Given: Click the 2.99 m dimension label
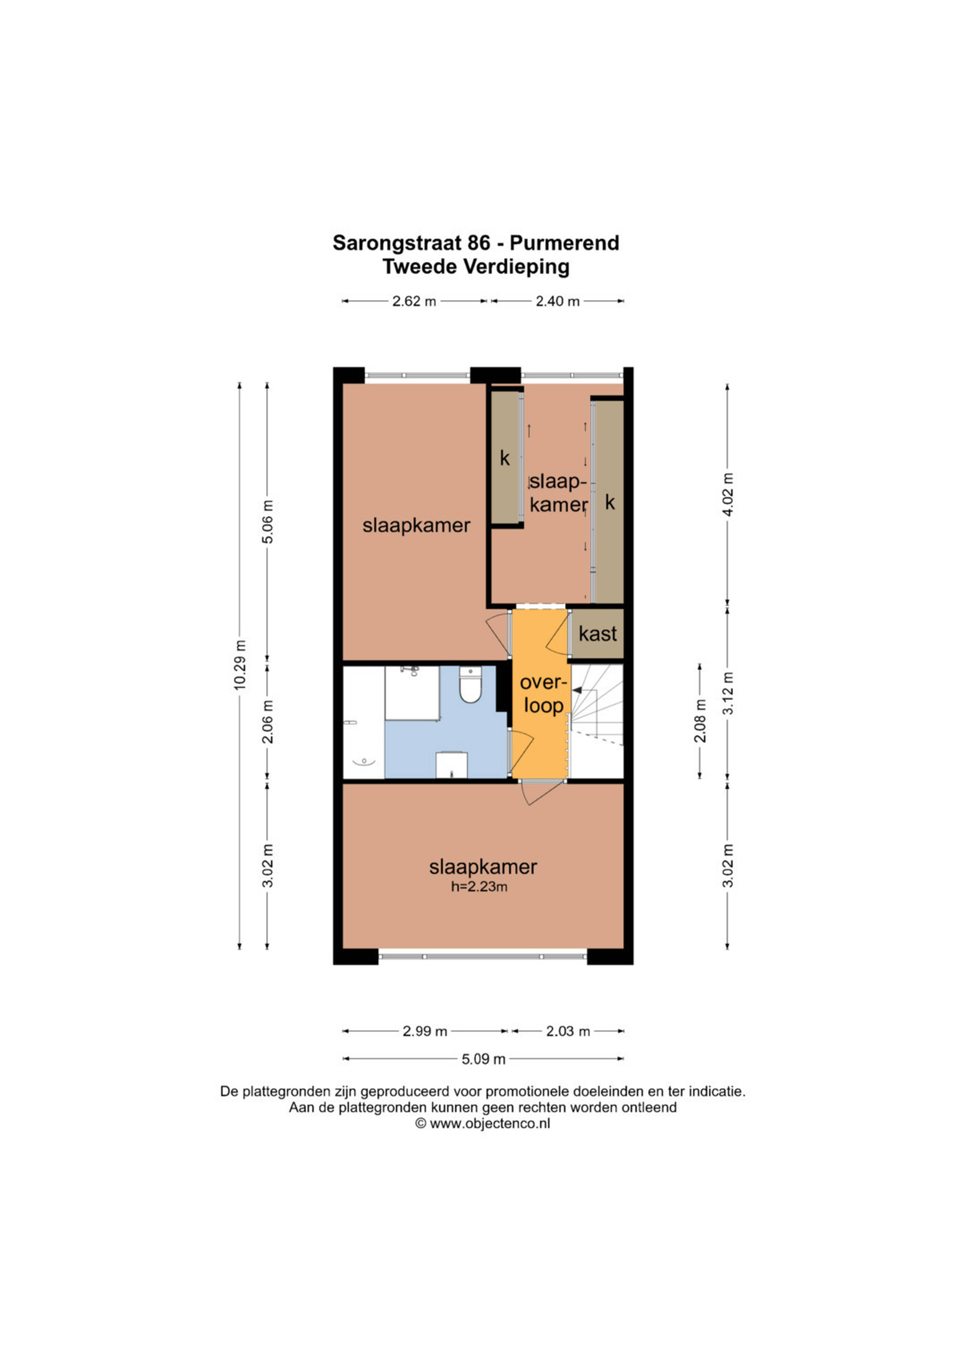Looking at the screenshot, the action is point(425,1031).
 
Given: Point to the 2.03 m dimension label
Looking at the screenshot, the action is point(568,1031).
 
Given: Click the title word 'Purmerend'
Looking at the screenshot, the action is point(565,243).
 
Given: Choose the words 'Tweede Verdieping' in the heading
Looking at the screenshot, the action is point(476,267).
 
